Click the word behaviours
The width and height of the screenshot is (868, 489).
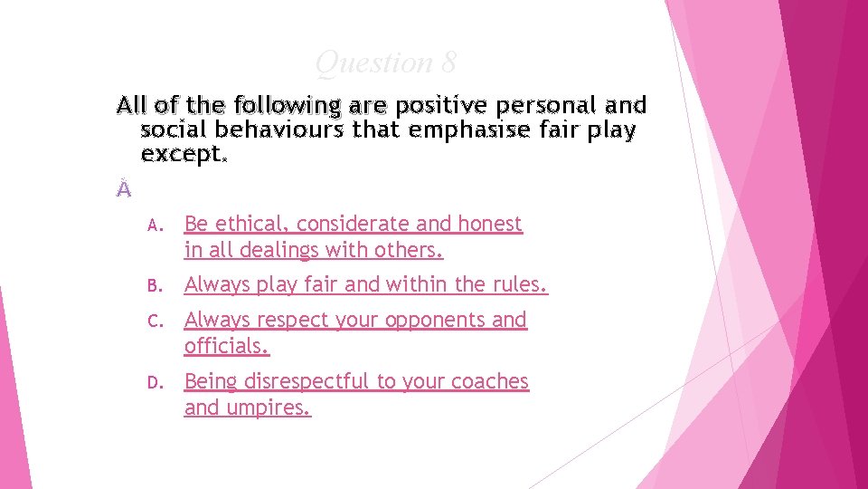(281, 130)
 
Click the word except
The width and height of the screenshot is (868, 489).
(184, 154)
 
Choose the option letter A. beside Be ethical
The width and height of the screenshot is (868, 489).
(154, 224)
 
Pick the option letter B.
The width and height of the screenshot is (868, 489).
(154, 286)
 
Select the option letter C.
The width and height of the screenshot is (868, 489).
(154, 321)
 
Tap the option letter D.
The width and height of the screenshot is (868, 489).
(154, 382)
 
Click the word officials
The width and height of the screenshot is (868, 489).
(227, 346)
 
